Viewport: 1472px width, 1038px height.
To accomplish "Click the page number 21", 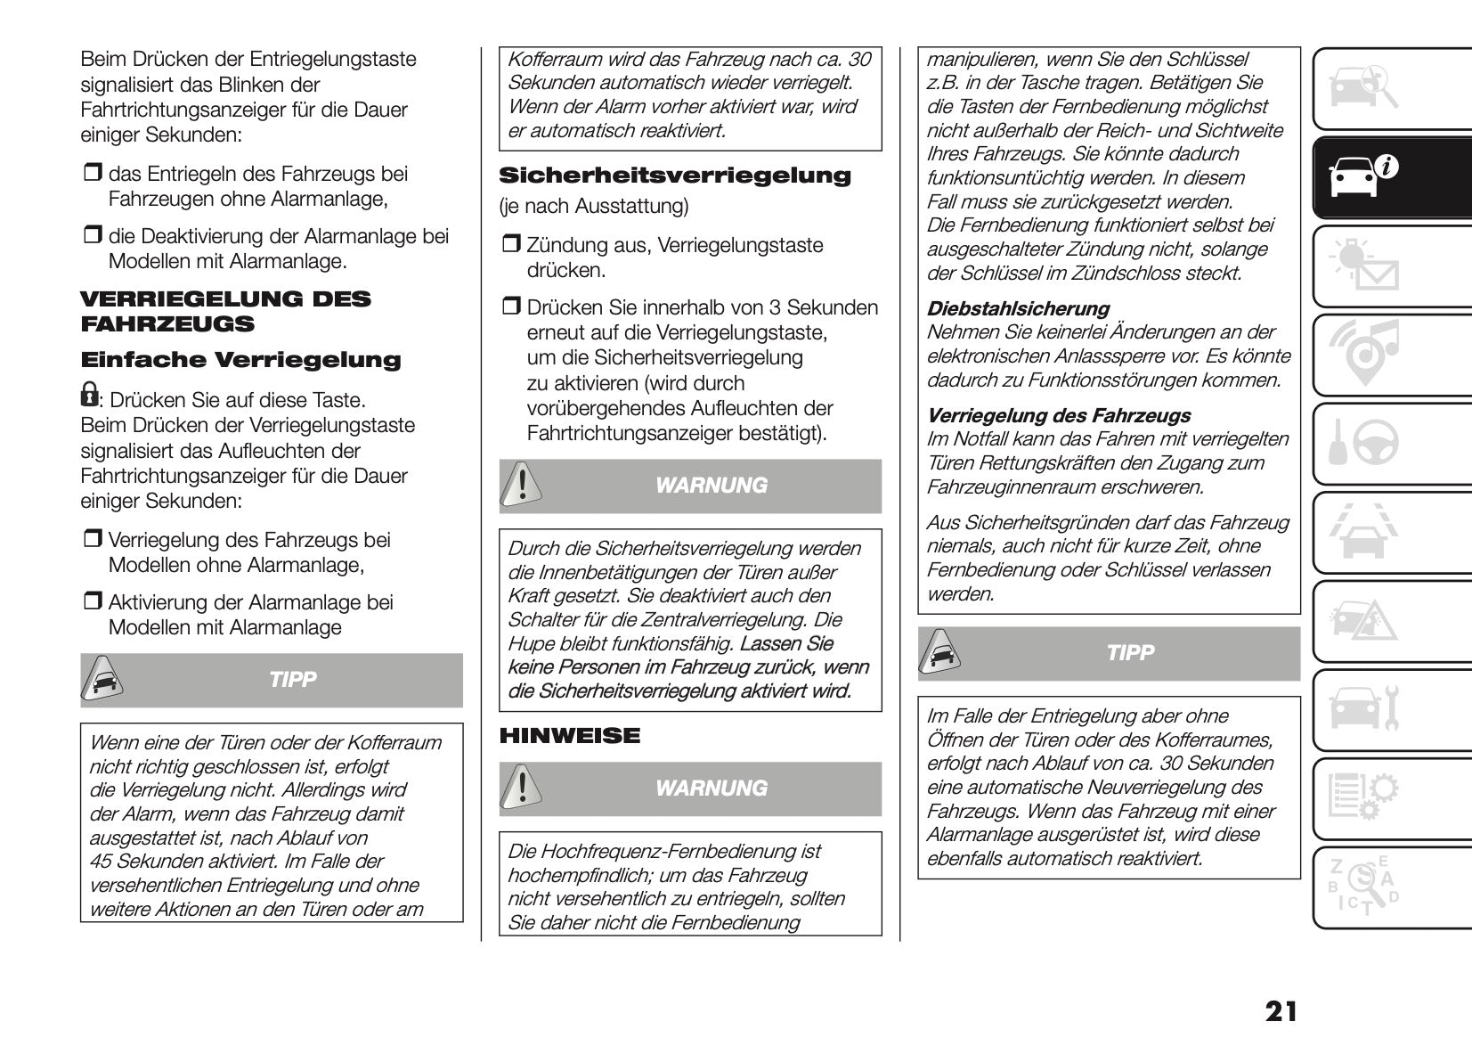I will pyautogui.click(x=1281, y=1011).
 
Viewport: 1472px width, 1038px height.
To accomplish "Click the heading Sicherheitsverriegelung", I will pyautogui.click(x=674, y=176).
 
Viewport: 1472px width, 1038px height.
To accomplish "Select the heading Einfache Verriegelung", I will pyautogui.click(x=240, y=361).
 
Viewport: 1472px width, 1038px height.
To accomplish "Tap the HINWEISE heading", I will pyautogui.click(x=569, y=736).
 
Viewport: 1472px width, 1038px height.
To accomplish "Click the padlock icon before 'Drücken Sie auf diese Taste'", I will pyautogui.click(x=89, y=394).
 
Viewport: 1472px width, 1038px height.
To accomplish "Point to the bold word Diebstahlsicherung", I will pyautogui.click(x=1018, y=309).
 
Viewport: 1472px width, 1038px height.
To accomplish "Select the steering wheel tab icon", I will pyautogui.click(x=1362, y=442).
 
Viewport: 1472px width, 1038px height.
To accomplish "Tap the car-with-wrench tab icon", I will pyautogui.click(x=1362, y=708).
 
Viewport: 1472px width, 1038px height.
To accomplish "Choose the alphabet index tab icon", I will pyautogui.click(x=1362, y=886).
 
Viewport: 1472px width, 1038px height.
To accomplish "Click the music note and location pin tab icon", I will pyautogui.click(x=1362, y=353).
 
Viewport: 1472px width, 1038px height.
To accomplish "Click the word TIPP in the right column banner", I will pyautogui.click(x=1129, y=653).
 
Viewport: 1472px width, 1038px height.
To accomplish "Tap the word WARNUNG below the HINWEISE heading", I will pyautogui.click(x=711, y=789).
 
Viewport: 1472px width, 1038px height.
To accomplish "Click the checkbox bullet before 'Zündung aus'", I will pyautogui.click(x=511, y=246).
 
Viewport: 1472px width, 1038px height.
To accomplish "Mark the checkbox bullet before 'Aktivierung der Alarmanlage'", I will pyautogui.click(x=93, y=603).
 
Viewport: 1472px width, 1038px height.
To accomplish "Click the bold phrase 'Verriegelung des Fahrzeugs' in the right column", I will pyautogui.click(x=1058, y=416).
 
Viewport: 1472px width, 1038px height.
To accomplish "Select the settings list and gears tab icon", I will pyautogui.click(x=1362, y=797).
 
